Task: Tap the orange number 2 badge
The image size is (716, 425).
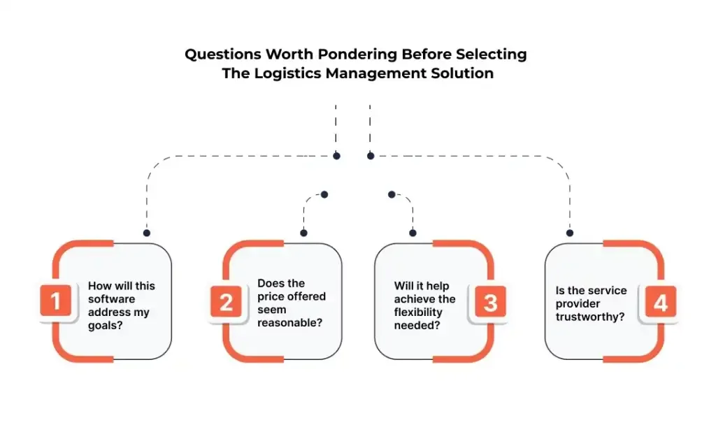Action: click(227, 302)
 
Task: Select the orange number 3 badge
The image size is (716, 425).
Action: click(490, 302)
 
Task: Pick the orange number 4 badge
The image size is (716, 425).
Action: click(659, 302)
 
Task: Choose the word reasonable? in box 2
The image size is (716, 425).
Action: click(289, 322)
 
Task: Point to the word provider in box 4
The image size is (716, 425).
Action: click(578, 303)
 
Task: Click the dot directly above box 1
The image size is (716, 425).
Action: click(146, 233)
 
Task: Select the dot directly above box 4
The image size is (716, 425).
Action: click(570, 233)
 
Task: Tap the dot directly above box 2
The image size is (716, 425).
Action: click(303, 233)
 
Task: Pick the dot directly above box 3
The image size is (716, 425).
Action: click(413, 233)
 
